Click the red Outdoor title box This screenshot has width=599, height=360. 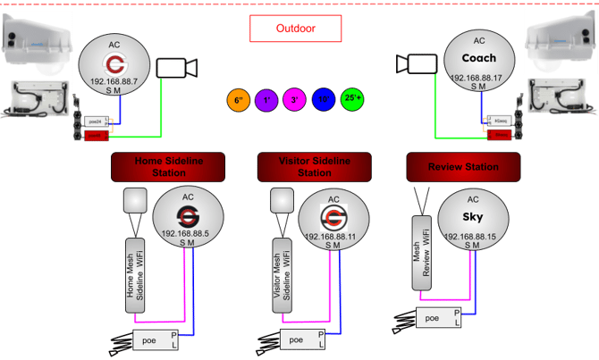click(x=295, y=29)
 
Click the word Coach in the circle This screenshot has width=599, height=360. click(x=479, y=58)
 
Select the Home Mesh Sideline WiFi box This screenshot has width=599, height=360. click(x=135, y=276)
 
